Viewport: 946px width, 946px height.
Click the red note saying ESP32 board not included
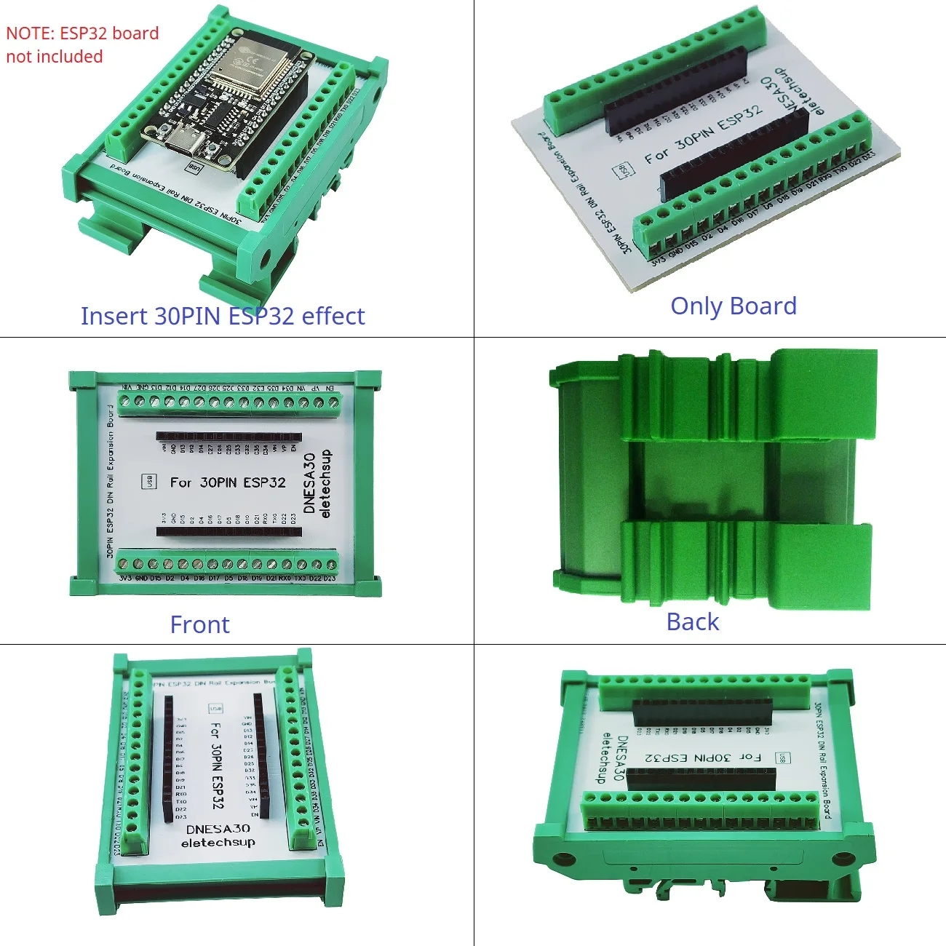tap(82, 44)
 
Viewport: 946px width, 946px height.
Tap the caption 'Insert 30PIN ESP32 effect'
tap(222, 316)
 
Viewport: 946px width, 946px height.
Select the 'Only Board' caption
tap(733, 306)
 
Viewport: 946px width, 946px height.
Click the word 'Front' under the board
tap(199, 624)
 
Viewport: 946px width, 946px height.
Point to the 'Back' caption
tap(692, 621)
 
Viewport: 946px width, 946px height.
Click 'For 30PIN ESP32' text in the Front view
tap(228, 482)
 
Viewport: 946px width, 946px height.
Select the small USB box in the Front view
tap(148, 481)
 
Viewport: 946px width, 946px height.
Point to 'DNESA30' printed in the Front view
tap(309, 483)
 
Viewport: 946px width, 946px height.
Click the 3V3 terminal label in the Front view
tap(125, 579)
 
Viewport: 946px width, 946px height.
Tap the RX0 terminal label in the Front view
tap(285, 579)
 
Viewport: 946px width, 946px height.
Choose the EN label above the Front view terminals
tap(330, 389)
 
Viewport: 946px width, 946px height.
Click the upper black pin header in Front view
tap(228, 437)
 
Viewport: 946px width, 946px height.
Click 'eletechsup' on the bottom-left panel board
tap(218, 843)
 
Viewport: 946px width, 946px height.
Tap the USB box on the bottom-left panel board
tap(215, 708)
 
